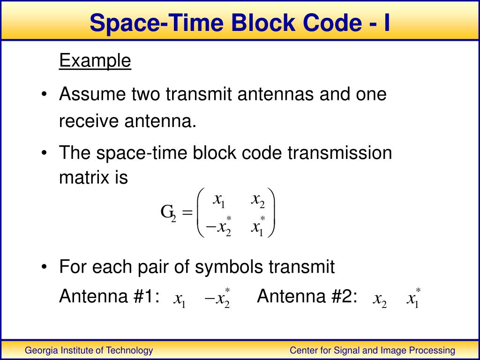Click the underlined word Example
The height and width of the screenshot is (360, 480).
(95, 61)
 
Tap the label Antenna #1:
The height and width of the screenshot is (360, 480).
(109, 296)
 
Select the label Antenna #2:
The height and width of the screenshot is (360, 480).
(307, 296)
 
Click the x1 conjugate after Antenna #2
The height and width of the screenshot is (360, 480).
(413, 298)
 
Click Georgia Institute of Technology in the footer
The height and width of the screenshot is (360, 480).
(89, 350)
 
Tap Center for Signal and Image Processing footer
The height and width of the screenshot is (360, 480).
(372, 350)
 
